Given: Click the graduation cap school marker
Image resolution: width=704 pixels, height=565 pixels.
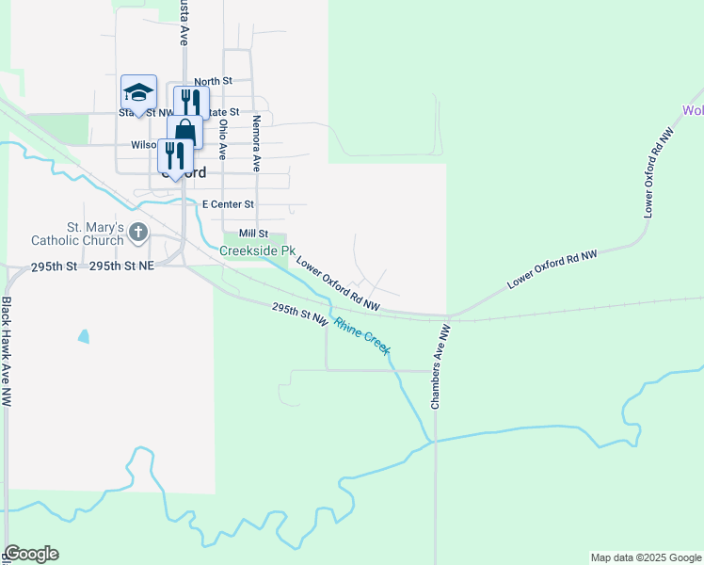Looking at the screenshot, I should (x=139, y=93).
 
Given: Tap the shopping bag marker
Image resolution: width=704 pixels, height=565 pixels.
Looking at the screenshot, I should (x=184, y=131).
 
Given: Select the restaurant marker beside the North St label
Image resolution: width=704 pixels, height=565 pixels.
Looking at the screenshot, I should (x=191, y=102).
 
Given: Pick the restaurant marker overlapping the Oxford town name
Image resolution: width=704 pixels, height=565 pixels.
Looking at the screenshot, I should (x=175, y=155).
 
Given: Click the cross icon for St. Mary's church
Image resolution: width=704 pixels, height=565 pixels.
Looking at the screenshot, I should (x=138, y=232).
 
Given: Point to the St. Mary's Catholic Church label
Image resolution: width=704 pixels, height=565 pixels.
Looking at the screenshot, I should (x=95, y=234).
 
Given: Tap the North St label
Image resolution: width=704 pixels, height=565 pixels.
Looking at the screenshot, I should (x=213, y=82).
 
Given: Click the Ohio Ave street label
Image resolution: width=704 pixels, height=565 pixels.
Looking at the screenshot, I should (x=223, y=137).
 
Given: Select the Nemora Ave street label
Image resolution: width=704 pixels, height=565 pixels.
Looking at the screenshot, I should (x=256, y=143).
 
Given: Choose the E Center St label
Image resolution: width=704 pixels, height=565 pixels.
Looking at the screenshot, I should (x=229, y=203).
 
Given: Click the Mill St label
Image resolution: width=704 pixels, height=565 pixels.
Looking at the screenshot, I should (x=254, y=233).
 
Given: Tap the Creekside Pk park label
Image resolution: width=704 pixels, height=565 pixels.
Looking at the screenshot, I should (x=251, y=250).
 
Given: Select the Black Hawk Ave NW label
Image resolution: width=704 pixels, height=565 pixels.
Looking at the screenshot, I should (x=7, y=351).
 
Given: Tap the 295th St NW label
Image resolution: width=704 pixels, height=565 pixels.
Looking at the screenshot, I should (x=300, y=315).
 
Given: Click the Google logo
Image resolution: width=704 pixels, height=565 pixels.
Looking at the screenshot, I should (x=31, y=554).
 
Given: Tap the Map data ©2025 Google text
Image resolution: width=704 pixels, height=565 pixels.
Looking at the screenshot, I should (x=645, y=557).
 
